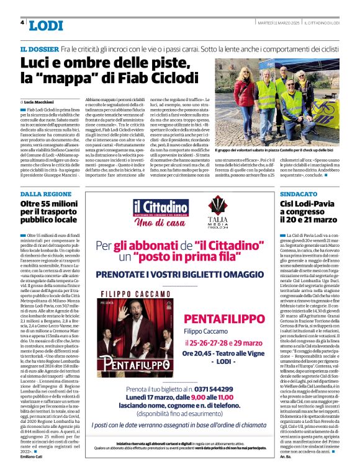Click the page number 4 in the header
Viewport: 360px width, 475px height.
click(22, 22)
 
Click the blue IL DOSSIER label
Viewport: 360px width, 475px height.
click(40, 49)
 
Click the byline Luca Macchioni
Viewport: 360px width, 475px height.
click(38, 100)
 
